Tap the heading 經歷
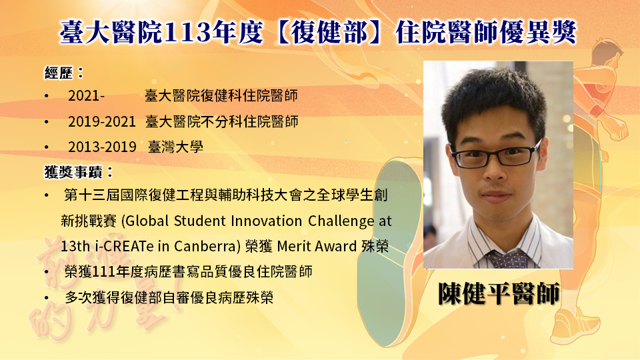pyautogui.click(x=59, y=73)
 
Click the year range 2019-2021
pyautogui.click(x=101, y=121)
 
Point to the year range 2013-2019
pyautogui.click(x=102, y=147)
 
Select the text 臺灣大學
pyautogui.click(x=175, y=147)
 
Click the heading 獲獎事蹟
pyautogui.click(x=73, y=172)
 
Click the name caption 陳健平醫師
pyautogui.click(x=499, y=293)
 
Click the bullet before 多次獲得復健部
pyautogui.click(x=47, y=298)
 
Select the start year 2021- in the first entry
pyautogui.click(x=86, y=96)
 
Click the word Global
pyautogui.click(x=147, y=221)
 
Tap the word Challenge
pyautogui.click(x=341, y=221)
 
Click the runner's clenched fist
pyautogui.click(x=617, y=129)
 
